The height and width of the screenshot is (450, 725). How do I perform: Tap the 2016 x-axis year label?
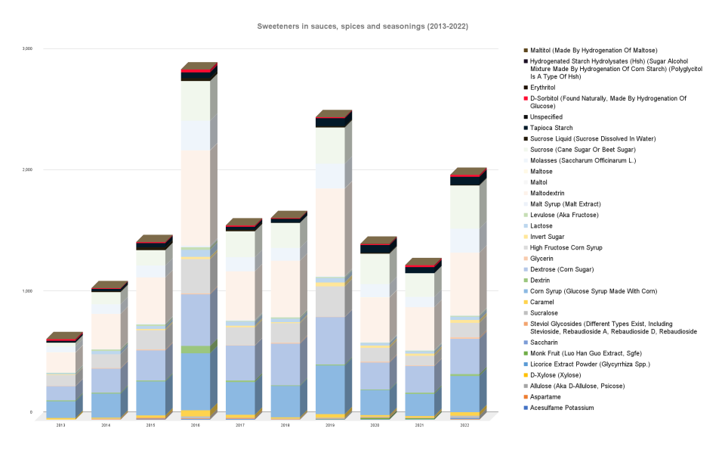196,426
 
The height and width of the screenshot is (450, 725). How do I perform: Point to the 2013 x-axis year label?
60,426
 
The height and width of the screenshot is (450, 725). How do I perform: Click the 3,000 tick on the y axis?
27,48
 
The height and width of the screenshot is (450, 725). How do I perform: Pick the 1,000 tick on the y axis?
27,291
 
